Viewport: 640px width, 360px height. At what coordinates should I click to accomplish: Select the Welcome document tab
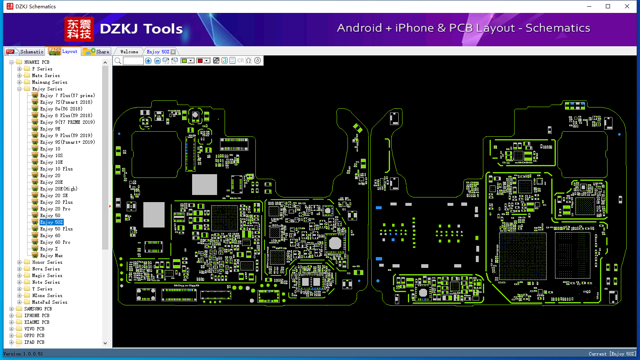(129, 52)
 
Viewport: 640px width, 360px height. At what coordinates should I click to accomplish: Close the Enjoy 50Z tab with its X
(173, 52)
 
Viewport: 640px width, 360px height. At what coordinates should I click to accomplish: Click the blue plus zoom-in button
(148, 61)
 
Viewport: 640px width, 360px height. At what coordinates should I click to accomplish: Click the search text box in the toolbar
(133, 61)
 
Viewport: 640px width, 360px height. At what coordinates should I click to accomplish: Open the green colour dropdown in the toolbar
(191, 61)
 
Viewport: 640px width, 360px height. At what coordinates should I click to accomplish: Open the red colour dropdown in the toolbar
(206, 61)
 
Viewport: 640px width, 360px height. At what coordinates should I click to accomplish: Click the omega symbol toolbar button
(249, 61)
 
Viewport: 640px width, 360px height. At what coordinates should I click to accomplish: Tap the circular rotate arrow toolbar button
(257, 61)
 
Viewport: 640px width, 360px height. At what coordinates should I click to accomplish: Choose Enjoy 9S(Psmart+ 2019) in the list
(67, 142)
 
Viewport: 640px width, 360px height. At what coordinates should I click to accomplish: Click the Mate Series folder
(46, 75)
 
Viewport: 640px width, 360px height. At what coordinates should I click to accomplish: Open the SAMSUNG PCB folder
(38, 309)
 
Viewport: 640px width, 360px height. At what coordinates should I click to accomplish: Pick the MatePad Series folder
(50, 302)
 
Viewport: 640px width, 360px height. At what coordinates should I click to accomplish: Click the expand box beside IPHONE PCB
(12, 315)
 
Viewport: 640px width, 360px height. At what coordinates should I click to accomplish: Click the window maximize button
(608, 6)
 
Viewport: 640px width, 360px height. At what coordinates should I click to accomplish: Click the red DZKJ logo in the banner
(79, 29)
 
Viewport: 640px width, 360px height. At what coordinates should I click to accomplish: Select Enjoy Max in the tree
(51, 255)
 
